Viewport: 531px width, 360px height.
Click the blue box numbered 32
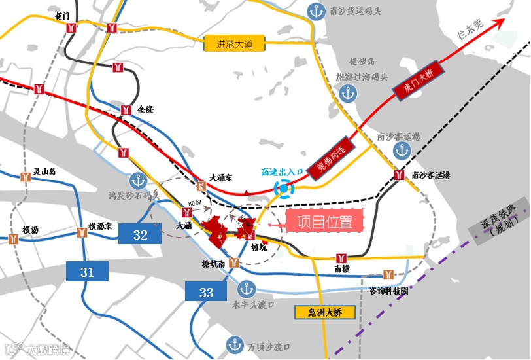tap(140, 234)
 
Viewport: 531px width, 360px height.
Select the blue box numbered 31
tap(87, 271)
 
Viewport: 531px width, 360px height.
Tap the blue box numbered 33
tap(206, 291)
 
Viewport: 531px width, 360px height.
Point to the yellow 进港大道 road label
tap(235, 45)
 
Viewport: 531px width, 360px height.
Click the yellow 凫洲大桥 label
tap(324, 312)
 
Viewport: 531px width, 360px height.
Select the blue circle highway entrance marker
tap(284, 189)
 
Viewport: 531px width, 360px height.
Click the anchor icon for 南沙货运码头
tap(317, 12)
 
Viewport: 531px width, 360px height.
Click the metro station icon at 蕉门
tap(71, 27)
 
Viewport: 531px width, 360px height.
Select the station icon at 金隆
tap(126, 109)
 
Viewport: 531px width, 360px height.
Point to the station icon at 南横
tap(341, 257)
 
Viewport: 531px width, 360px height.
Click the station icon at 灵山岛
tap(26, 177)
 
